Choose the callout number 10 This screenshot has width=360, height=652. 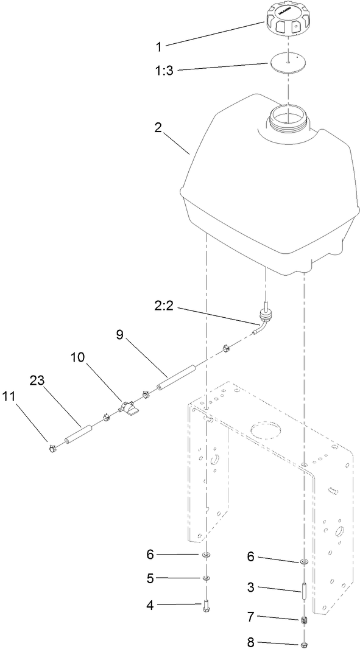(x=79, y=358)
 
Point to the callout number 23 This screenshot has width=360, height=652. (x=38, y=380)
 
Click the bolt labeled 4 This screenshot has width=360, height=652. (x=205, y=605)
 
